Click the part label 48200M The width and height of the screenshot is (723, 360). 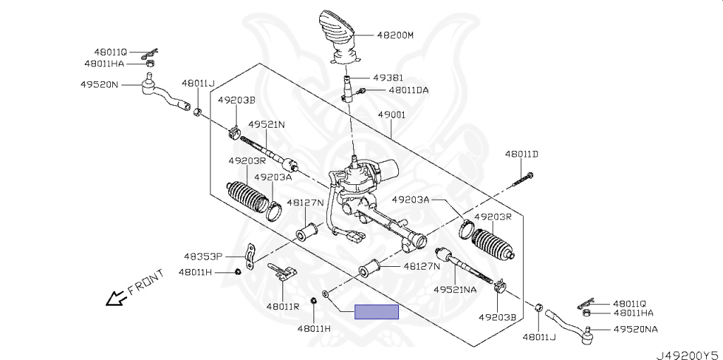click(x=395, y=34)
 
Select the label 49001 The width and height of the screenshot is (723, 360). click(x=391, y=114)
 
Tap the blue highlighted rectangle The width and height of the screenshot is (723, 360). click(x=377, y=311)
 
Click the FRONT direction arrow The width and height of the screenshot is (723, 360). click(x=113, y=299)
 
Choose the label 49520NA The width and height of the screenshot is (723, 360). click(x=635, y=330)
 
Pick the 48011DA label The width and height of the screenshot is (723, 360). click(x=408, y=90)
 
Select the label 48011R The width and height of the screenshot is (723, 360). click(x=282, y=306)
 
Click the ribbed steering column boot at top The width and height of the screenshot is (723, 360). click(x=337, y=32)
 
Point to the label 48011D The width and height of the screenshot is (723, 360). click(x=521, y=154)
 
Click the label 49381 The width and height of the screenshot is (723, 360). click(x=388, y=78)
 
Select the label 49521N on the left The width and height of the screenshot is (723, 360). click(x=266, y=125)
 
